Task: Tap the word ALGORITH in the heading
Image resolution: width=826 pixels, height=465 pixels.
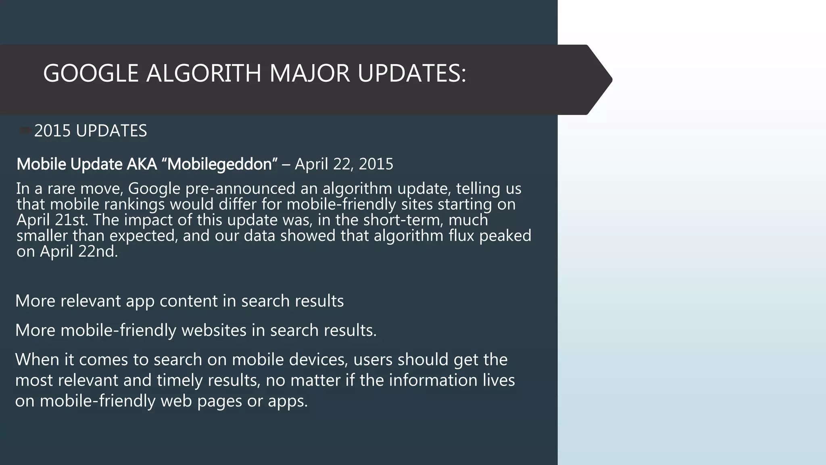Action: [x=204, y=74]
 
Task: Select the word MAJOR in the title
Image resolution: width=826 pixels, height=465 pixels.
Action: [x=309, y=74]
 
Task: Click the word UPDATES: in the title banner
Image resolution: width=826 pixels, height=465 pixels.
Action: [x=412, y=74]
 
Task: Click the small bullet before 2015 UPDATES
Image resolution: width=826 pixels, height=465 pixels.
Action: [x=25, y=130]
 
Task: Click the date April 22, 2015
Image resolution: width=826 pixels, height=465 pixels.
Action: [x=344, y=164]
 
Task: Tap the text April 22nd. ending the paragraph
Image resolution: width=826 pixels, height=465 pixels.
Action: [x=79, y=251]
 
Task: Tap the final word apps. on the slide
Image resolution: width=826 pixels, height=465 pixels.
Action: [x=288, y=401]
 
